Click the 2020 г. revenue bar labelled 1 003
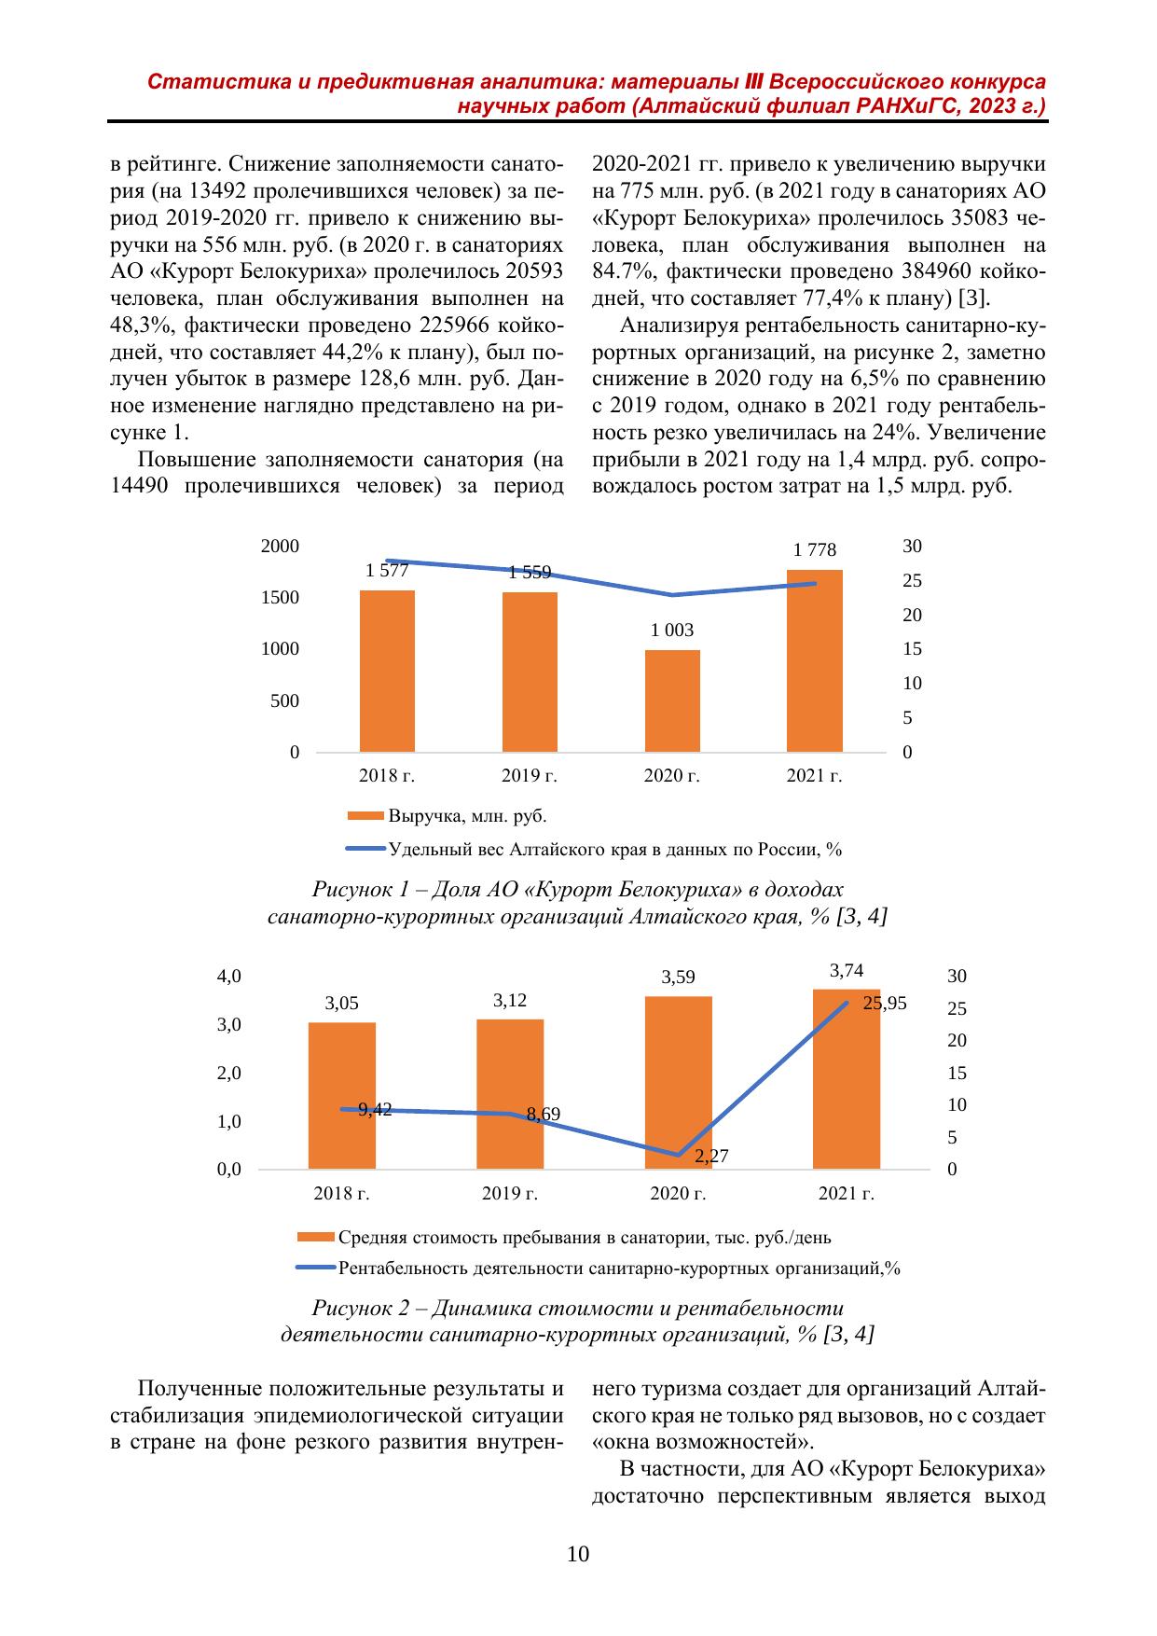click(672, 700)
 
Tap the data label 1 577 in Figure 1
click(387, 571)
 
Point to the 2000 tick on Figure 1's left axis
click(280, 547)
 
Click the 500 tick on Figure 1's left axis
click(284, 700)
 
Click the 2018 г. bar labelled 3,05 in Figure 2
click(342, 1095)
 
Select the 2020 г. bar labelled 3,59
click(678, 1082)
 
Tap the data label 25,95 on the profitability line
click(884, 1004)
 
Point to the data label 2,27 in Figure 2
click(711, 1157)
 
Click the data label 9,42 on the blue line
click(375, 1109)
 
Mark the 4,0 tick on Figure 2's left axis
click(229, 977)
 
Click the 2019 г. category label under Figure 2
click(510, 1193)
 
